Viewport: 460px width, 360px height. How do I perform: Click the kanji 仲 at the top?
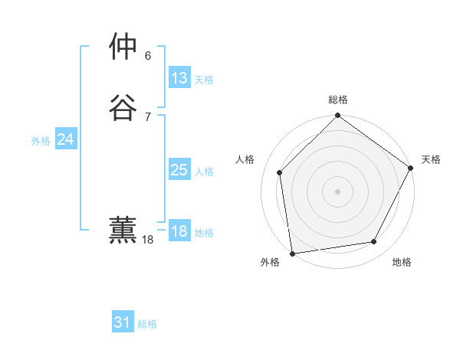(123, 48)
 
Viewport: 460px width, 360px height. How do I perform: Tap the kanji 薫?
(123, 231)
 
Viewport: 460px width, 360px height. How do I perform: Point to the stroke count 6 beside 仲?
(148, 56)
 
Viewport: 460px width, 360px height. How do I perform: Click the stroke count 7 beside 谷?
(148, 116)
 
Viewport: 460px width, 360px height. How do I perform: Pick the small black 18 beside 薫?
(148, 240)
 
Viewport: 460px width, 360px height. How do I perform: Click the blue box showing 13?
(179, 78)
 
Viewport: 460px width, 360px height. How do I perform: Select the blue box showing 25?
(179, 170)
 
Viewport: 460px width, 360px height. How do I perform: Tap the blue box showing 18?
(179, 231)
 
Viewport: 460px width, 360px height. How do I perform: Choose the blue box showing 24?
(66, 139)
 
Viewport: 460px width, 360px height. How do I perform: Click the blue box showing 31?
(123, 322)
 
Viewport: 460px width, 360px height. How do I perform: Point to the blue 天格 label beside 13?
(204, 80)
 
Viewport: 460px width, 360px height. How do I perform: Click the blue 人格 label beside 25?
(204, 172)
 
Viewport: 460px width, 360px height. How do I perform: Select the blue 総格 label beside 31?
(147, 324)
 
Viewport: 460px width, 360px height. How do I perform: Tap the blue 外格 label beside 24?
(41, 141)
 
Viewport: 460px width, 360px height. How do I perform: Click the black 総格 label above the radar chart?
(337, 100)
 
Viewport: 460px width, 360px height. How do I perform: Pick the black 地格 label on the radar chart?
(402, 262)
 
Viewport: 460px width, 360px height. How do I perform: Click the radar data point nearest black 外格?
(292, 253)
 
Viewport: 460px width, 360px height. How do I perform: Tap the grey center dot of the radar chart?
(337, 191)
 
